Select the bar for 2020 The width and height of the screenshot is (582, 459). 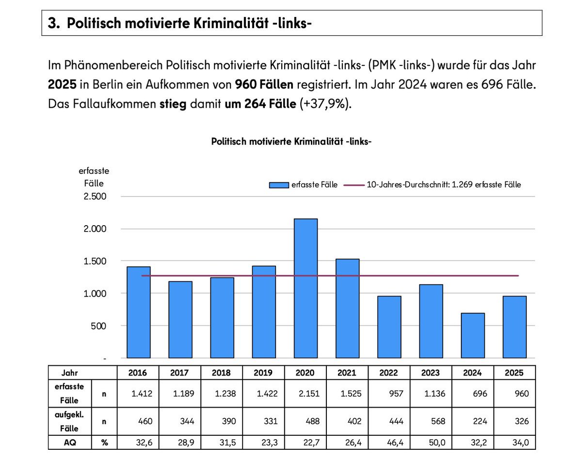pos(306,288)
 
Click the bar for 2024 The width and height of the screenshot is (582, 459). pos(472,335)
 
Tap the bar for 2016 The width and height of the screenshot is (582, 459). pos(139,312)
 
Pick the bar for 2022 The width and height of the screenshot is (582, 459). pos(389,327)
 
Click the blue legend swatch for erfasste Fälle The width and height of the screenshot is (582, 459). pos(279,185)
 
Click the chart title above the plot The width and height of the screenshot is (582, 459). pos(291,141)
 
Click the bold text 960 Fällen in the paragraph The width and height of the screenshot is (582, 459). pos(264,85)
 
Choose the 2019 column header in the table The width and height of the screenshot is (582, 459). pos(264,373)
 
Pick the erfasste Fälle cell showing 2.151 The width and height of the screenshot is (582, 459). pos(306,393)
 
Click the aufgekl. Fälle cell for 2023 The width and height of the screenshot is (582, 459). pos(431,422)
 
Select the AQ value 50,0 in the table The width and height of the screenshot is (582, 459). pos(431,443)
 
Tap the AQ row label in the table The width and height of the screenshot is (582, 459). pos(70,443)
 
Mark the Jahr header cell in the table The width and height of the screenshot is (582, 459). pos(70,373)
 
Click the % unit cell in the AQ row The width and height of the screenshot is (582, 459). pos(105,443)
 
